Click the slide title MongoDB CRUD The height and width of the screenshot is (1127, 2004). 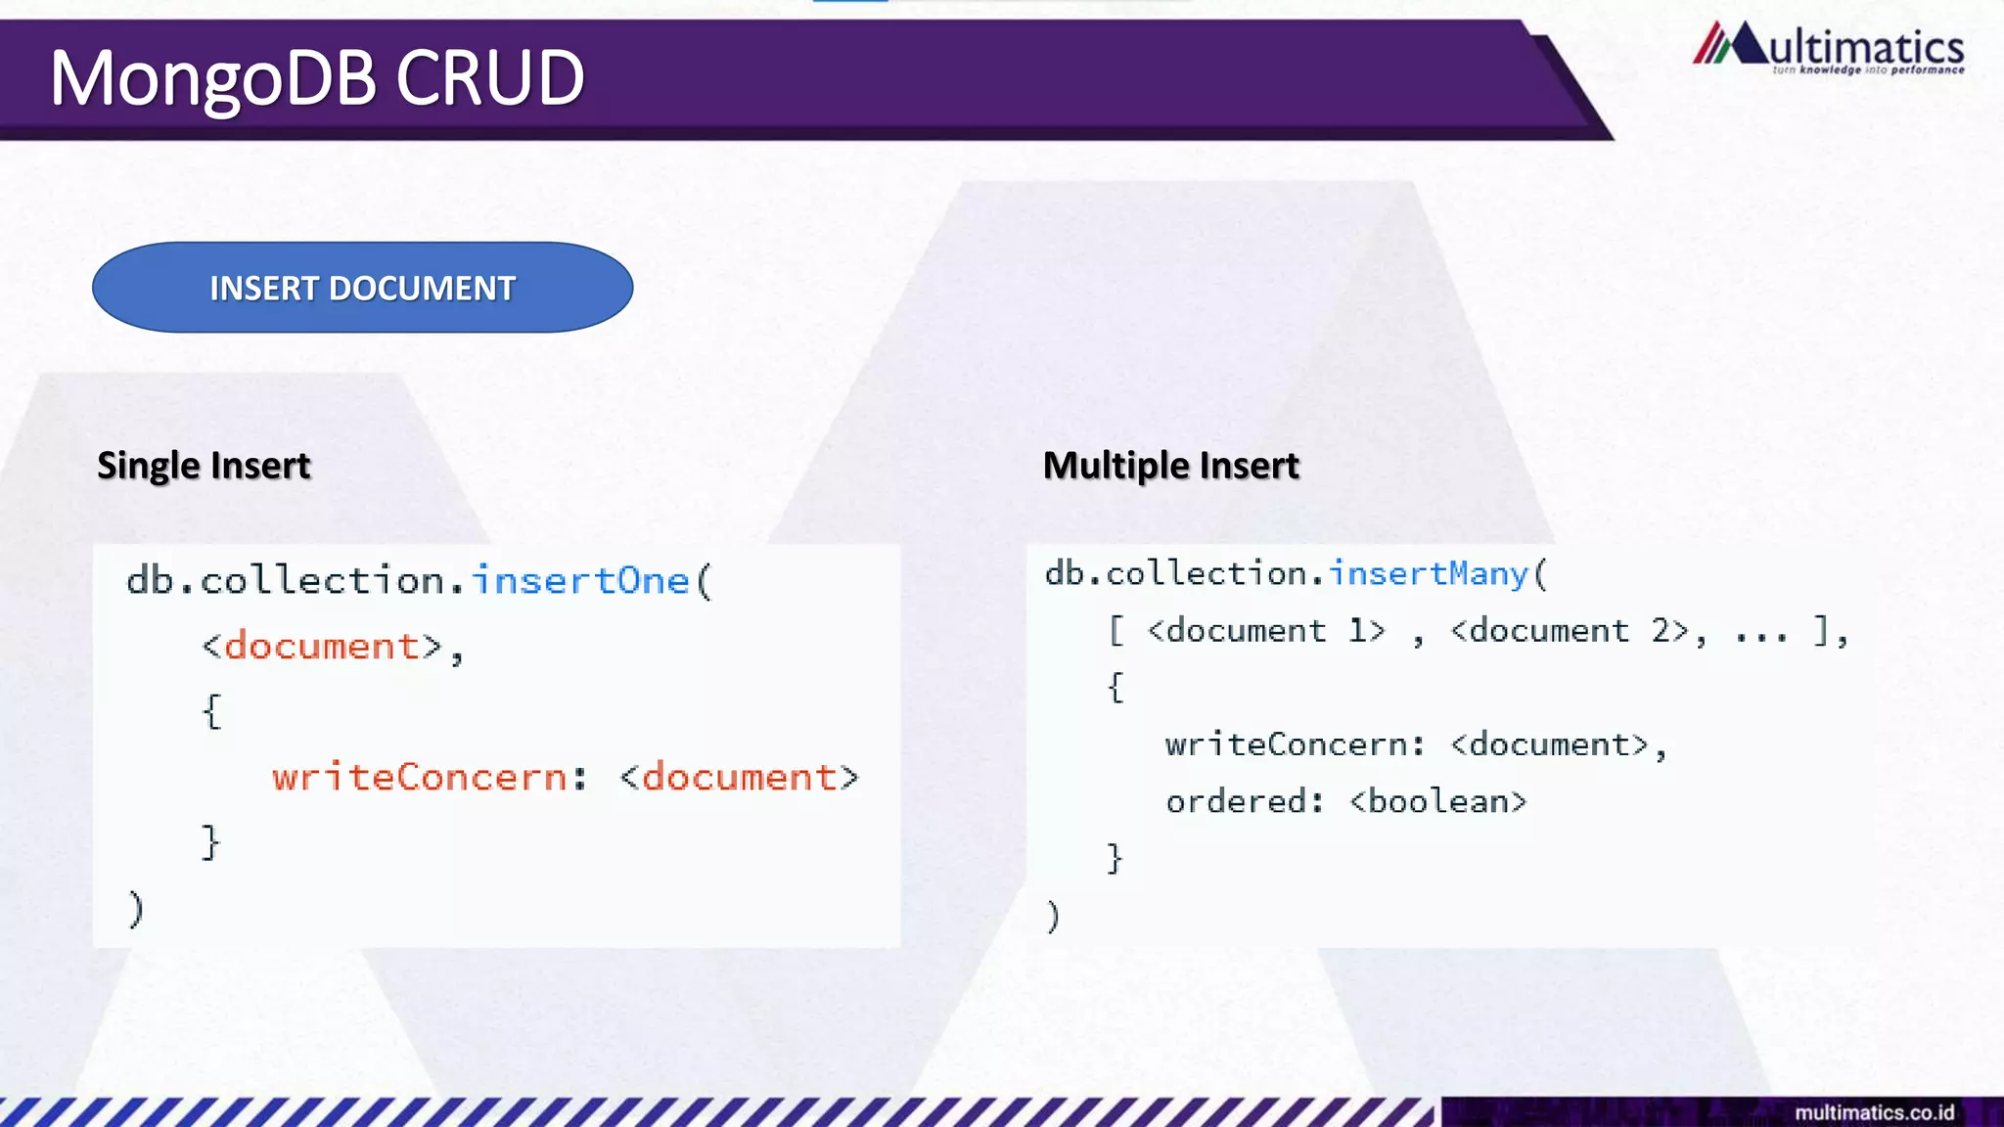(x=317, y=78)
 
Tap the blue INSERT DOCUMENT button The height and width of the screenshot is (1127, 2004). (x=362, y=288)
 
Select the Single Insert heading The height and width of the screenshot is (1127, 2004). (x=204, y=466)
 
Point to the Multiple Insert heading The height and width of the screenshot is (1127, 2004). (x=1170, y=466)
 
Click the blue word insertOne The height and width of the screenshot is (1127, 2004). (x=581, y=581)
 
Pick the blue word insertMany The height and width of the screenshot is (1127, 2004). (x=1428, y=573)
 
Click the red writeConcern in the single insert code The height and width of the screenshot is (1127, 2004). (x=420, y=778)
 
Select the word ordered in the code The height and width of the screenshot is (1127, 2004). (x=1236, y=802)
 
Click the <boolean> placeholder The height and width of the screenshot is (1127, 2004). (x=1437, y=802)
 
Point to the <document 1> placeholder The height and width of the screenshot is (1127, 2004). (x=1266, y=631)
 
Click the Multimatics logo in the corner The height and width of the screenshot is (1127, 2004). (x=1827, y=45)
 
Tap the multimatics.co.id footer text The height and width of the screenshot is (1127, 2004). (x=1874, y=1112)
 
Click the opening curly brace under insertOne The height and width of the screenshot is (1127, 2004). (x=212, y=711)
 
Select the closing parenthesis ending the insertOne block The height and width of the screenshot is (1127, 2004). (x=136, y=908)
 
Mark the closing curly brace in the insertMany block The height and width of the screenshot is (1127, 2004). (x=1114, y=858)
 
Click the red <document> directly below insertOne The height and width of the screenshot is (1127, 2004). (x=322, y=647)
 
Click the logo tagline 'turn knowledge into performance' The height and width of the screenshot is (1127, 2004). (x=1867, y=70)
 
